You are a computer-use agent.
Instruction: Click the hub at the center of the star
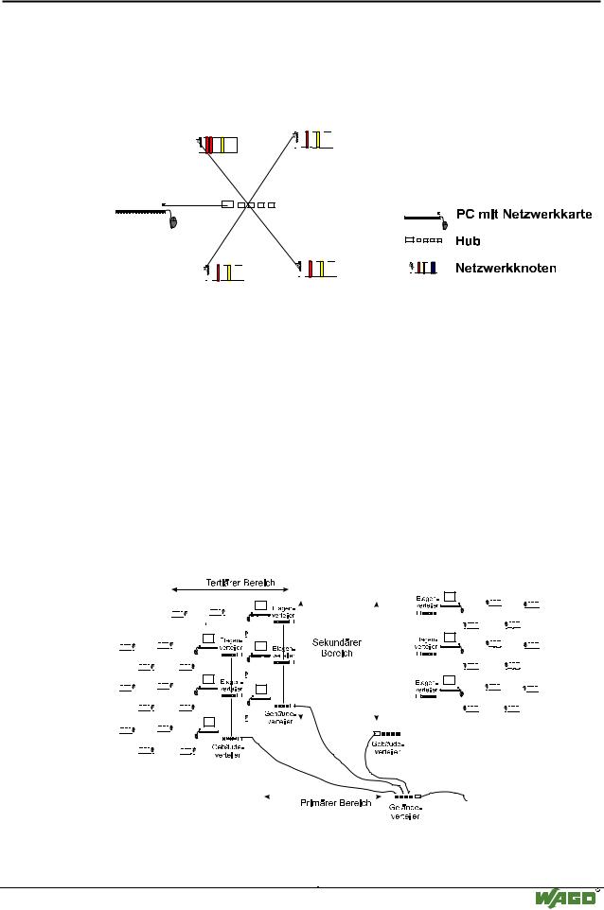248,204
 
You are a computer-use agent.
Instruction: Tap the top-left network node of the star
219,145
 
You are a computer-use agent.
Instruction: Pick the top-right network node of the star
313,139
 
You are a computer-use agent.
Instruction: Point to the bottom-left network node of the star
222,271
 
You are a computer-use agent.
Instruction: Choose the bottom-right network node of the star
316,268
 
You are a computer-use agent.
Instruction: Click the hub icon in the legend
424,241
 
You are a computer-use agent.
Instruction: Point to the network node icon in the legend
424,268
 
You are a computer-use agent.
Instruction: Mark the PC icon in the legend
426,219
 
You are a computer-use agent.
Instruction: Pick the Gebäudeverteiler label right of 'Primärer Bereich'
404,813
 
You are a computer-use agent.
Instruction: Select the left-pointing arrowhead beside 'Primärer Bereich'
269,796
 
